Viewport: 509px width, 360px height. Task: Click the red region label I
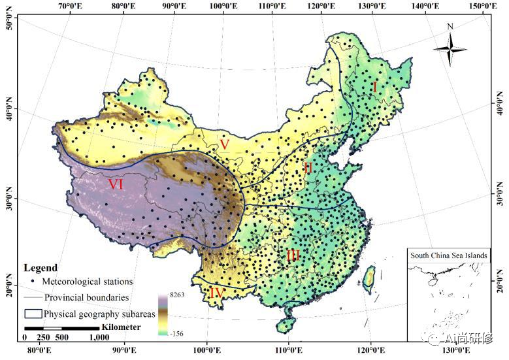click(x=375, y=86)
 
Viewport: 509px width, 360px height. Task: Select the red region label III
click(x=293, y=255)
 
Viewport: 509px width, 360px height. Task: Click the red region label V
click(x=224, y=144)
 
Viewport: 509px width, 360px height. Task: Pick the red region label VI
click(x=116, y=185)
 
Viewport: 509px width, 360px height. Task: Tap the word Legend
click(x=41, y=268)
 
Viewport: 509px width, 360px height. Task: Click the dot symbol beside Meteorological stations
click(x=33, y=282)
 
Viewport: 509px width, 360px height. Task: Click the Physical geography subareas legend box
click(x=32, y=314)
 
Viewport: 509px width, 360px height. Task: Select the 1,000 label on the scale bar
click(x=99, y=338)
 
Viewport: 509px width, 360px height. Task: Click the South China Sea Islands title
click(x=450, y=255)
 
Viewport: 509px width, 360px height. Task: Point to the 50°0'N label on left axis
click(x=9, y=24)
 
